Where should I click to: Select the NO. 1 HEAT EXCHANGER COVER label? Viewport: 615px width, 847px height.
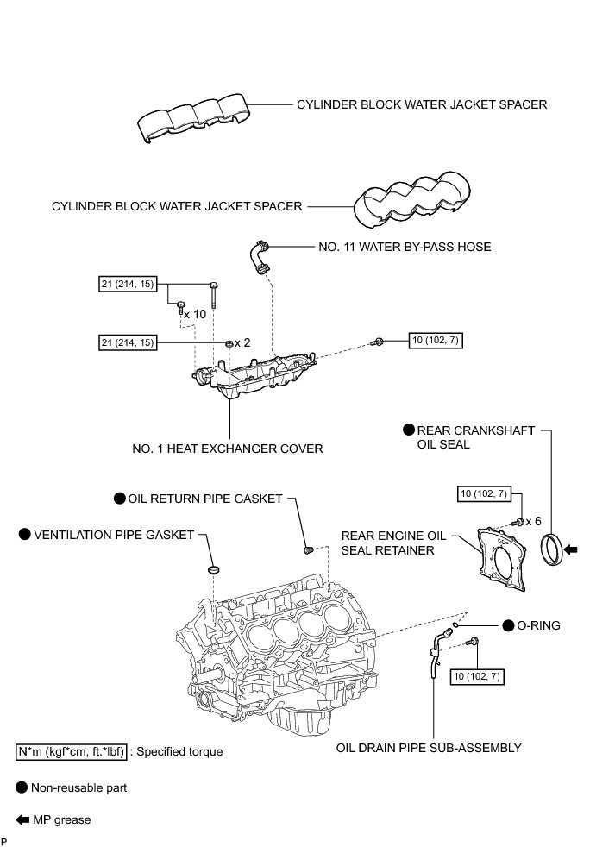click(228, 449)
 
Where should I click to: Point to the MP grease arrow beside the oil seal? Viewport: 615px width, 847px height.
click(572, 548)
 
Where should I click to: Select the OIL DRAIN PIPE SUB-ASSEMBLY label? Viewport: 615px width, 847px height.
click(429, 748)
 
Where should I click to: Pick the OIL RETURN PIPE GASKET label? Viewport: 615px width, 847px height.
click(205, 498)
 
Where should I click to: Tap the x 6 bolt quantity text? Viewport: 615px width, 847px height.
click(533, 521)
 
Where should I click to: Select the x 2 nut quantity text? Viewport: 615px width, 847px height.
click(242, 342)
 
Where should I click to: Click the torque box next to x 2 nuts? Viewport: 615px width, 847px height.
click(129, 342)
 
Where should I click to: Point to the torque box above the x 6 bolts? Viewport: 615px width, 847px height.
click(485, 493)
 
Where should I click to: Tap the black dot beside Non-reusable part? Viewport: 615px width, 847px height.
click(22, 787)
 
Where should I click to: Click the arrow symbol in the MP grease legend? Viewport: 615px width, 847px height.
click(22, 819)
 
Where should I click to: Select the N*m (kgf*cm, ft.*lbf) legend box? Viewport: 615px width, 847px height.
click(72, 751)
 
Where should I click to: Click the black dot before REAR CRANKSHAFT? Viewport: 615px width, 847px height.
click(409, 430)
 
